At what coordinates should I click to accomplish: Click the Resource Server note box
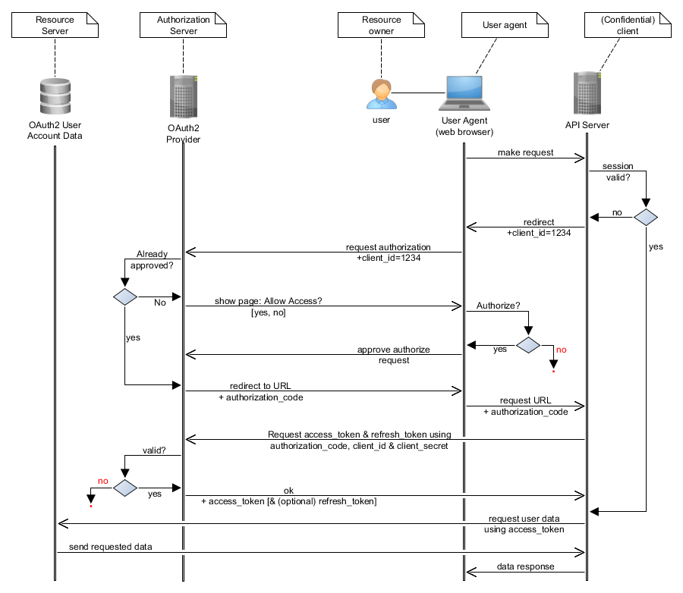click(55, 25)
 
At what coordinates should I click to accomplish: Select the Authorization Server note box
click(183, 25)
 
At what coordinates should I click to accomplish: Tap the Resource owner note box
click(381, 25)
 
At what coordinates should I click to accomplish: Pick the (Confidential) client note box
click(628, 25)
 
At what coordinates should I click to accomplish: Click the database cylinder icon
click(55, 96)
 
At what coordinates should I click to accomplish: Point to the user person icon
click(382, 94)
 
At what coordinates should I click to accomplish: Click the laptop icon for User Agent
click(464, 93)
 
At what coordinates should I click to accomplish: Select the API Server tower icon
click(587, 93)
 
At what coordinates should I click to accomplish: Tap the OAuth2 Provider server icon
click(184, 96)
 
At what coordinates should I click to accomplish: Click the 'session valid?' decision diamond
click(646, 217)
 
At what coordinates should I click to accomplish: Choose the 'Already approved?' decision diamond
click(125, 297)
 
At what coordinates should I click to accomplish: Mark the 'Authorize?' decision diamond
click(528, 345)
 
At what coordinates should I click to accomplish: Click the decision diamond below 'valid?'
click(125, 488)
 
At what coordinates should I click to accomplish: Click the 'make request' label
click(525, 152)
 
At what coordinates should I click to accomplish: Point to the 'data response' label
click(525, 566)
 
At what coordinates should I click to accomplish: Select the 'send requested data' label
click(111, 547)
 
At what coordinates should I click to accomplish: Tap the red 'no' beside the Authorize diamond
click(562, 350)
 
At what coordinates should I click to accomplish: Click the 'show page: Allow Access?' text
click(269, 301)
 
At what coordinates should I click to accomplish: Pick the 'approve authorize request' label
click(393, 355)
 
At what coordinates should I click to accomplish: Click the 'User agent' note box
click(505, 25)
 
